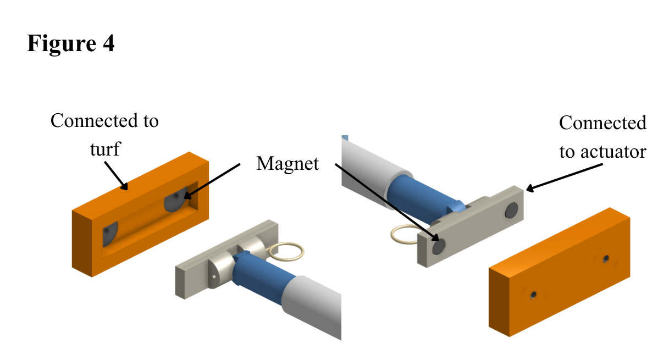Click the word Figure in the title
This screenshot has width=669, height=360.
pos(61,44)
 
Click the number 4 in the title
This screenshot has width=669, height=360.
pos(109,43)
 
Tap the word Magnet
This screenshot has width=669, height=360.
pos(287,164)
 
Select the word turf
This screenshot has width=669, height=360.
pos(105,149)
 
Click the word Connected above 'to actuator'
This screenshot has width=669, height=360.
pos(602,123)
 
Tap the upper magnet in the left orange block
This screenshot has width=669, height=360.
pos(176,200)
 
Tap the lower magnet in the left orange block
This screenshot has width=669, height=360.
pos(109,234)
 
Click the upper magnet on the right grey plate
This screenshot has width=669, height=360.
pos(511,210)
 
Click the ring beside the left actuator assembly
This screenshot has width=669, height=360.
pos(286,252)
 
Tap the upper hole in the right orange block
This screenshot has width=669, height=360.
pos(606,258)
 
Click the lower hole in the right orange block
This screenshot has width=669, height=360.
pos(533,296)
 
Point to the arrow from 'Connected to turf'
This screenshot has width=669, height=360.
pos(116,176)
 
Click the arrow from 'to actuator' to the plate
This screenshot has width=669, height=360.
pos(565,178)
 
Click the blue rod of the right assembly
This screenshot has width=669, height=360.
pos(424,197)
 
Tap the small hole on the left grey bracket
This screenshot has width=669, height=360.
pos(213,276)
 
